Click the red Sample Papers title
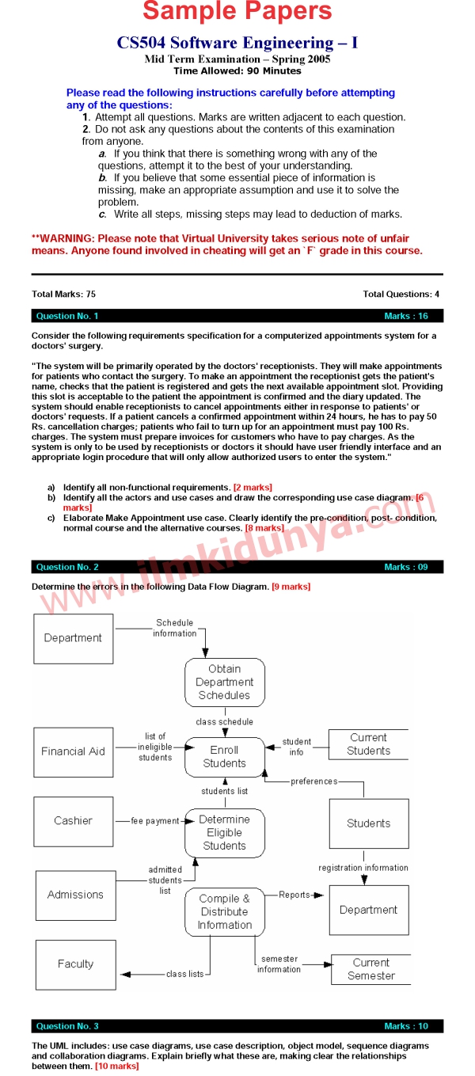[237, 12]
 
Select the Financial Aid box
[73, 751]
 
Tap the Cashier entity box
[73, 821]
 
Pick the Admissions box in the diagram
[75, 895]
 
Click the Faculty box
[75, 964]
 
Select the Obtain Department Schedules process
[224, 682]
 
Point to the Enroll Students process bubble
[224, 757]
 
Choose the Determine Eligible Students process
[224, 833]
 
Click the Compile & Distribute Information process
[224, 912]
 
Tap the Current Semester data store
[370, 969]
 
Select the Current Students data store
[368, 744]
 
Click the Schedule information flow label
[174, 628]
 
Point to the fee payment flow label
[155, 821]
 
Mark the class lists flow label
[184, 974]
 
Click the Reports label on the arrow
[294, 895]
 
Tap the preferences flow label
[313, 781]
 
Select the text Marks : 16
[406, 316]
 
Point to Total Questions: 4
[401, 294]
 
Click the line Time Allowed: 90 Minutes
[237, 71]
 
